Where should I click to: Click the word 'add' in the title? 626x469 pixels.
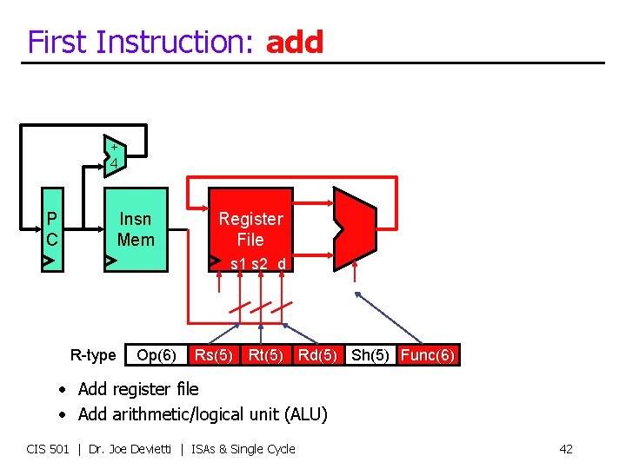(295, 42)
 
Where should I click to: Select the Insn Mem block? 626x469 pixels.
(136, 229)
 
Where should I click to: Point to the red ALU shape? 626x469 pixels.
(355, 225)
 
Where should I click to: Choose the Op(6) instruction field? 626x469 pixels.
(156, 355)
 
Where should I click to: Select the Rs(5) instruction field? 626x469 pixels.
(213, 355)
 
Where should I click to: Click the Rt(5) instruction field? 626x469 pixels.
(265, 355)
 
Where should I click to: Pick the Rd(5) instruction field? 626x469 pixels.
(317, 355)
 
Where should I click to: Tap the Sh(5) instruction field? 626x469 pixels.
(370, 355)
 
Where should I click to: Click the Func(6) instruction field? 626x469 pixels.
(427, 355)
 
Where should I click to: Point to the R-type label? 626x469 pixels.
(93, 355)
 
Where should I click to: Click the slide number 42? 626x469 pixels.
(565, 449)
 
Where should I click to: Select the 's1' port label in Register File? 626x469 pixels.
(238, 263)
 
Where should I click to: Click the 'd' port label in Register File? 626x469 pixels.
(281, 263)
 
